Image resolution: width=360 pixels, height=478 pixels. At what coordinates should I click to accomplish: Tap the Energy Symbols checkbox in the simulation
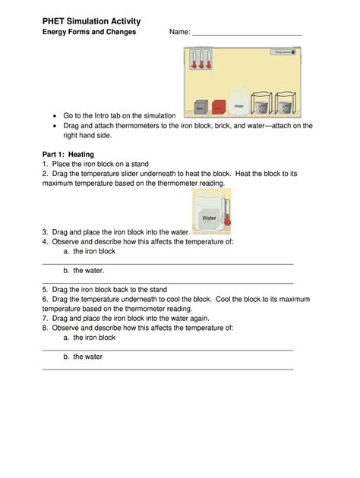point(281,52)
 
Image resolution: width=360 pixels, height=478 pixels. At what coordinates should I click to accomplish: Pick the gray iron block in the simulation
point(201,107)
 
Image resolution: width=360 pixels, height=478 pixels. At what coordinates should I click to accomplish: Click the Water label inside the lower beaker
point(209,218)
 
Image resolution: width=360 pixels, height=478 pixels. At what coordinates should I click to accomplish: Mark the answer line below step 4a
point(167,263)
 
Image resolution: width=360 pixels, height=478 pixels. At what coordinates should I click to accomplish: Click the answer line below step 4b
point(167,282)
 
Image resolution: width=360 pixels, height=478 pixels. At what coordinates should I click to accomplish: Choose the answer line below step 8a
point(167,350)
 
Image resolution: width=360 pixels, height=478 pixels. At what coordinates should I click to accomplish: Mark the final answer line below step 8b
point(167,369)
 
